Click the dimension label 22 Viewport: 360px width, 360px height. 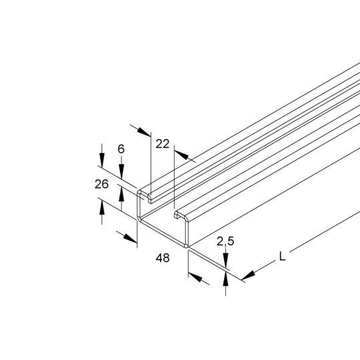pyautogui.click(x=162, y=144)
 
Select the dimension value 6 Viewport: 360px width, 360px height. pyautogui.click(x=121, y=149)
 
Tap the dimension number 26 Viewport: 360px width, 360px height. pyautogui.click(x=101, y=184)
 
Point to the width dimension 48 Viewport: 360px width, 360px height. pyautogui.click(x=163, y=258)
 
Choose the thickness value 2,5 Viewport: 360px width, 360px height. pyautogui.click(x=225, y=241)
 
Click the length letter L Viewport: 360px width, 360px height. pyautogui.click(x=282, y=256)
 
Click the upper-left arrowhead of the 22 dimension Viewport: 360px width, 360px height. pyautogui.click(x=144, y=132)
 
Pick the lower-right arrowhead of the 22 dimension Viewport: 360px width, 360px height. pyautogui.click(x=181, y=155)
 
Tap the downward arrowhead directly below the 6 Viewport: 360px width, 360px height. pyautogui.click(x=121, y=171)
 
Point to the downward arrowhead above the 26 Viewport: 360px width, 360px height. pyautogui.click(x=102, y=160)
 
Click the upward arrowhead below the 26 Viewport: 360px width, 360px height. pyautogui.click(x=102, y=207)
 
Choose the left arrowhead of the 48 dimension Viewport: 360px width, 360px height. pyautogui.click(x=130, y=238)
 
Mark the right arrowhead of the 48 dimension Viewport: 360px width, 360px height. pyautogui.click(x=195, y=277)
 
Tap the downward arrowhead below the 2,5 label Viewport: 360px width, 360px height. pyautogui.click(x=226, y=260)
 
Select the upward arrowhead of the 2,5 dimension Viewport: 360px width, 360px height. pyautogui.click(x=226, y=279)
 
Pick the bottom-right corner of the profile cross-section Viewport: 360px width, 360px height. pyautogui.click(x=187, y=247)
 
